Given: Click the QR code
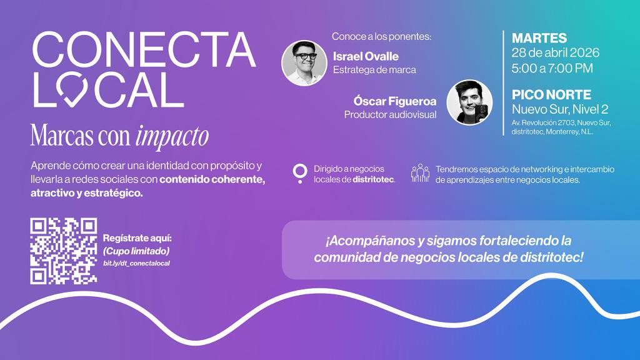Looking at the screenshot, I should pyautogui.click(x=64, y=251).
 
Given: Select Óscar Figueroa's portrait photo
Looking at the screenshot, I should pyautogui.click(x=469, y=102).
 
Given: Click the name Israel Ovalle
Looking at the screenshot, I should pyautogui.click(x=366, y=57).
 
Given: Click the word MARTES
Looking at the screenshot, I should pyautogui.click(x=539, y=37).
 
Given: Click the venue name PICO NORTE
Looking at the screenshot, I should pyautogui.click(x=551, y=95).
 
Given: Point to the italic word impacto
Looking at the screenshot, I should pyautogui.click(x=172, y=136).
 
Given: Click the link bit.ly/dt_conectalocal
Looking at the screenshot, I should pyautogui.click(x=137, y=263).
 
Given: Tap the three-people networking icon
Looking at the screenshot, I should pyautogui.click(x=420, y=173).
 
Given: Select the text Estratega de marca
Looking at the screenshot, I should pyautogui.click(x=374, y=70).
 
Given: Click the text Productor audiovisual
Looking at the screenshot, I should pyautogui.click(x=390, y=115).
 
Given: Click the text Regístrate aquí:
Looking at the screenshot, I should pyautogui.click(x=137, y=239).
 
